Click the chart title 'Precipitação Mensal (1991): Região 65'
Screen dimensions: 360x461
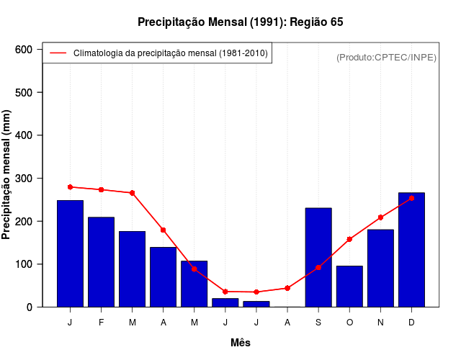pos(241,22)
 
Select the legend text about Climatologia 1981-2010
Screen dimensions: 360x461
pos(171,53)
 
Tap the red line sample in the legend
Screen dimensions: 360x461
pos(58,53)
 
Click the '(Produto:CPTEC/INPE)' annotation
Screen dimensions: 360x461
pos(387,57)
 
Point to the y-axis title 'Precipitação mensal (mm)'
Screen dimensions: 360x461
pos(7,175)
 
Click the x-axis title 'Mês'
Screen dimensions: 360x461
pos(241,343)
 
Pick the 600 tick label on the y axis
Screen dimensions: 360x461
pos(24,49)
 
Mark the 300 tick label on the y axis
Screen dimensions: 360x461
pos(24,178)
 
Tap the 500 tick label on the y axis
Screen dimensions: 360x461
pos(24,92)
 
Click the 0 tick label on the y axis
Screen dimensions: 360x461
pos(29,307)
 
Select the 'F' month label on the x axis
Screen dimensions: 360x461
pos(102,323)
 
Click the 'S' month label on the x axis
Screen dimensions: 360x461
pos(318,323)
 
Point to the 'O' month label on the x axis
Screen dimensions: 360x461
pos(349,323)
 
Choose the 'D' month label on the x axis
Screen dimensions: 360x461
pos(411,323)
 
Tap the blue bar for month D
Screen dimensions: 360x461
pos(411,249)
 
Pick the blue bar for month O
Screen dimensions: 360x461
pos(349,286)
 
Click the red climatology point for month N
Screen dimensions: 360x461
pos(380,217)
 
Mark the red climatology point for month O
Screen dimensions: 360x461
pos(349,239)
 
